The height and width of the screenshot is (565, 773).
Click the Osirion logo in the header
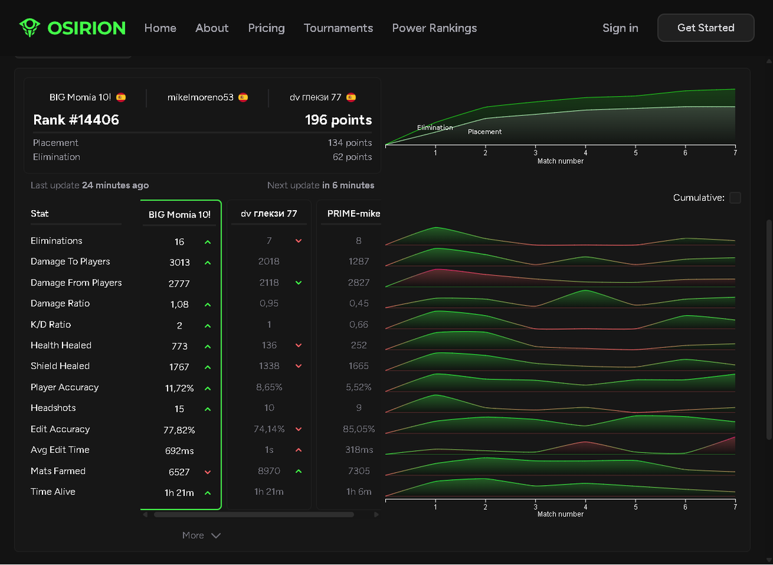point(72,28)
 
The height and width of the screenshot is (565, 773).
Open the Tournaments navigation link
point(338,28)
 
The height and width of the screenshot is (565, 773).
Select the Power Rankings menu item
point(434,28)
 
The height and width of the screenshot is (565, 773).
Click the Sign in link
point(620,28)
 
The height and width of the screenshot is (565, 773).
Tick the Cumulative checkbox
point(735,198)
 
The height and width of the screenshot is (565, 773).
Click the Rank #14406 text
point(76,120)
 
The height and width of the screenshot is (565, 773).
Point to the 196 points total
point(338,120)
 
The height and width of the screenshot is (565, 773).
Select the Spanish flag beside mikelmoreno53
point(243,97)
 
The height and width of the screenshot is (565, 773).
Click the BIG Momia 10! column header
point(180,215)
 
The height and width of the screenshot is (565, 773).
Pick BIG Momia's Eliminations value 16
point(179,242)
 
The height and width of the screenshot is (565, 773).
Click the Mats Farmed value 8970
point(269,471)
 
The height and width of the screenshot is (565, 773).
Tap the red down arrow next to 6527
point(207,472)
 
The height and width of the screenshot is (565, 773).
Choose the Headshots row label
point(53,408)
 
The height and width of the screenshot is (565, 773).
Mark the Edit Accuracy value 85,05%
point(359,429)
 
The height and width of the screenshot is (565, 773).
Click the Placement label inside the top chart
point(484,131)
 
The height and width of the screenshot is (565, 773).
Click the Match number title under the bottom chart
point(560,514)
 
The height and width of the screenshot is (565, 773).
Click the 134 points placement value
point(350,142)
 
